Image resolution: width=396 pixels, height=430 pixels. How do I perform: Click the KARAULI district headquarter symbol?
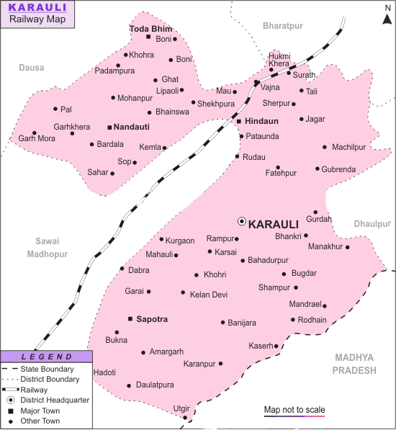[x=242, y=222]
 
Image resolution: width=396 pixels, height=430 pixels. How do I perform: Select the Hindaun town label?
[x=261, y=121]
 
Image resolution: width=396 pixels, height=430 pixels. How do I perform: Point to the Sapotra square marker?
[x=130, y=318]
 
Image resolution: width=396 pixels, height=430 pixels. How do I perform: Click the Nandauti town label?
[x=132, y=127]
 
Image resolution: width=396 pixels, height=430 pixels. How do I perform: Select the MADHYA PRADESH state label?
[x=355, y=364]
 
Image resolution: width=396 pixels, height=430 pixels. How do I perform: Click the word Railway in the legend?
[x=35, y=389]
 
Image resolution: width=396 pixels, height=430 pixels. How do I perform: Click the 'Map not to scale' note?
[x=294, y=410]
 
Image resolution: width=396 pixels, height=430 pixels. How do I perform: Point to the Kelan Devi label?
[x=209, y=295]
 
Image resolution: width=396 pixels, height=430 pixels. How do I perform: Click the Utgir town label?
[x=181, y=408]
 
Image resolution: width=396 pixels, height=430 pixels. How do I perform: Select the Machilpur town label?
[x=349, y=147]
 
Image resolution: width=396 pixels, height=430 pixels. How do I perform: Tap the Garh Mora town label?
[x=37, y=138]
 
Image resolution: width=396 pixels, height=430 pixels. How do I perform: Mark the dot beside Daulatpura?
[x=128, y=385]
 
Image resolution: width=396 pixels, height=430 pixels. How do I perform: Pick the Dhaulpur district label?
[x=372, y=224]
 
